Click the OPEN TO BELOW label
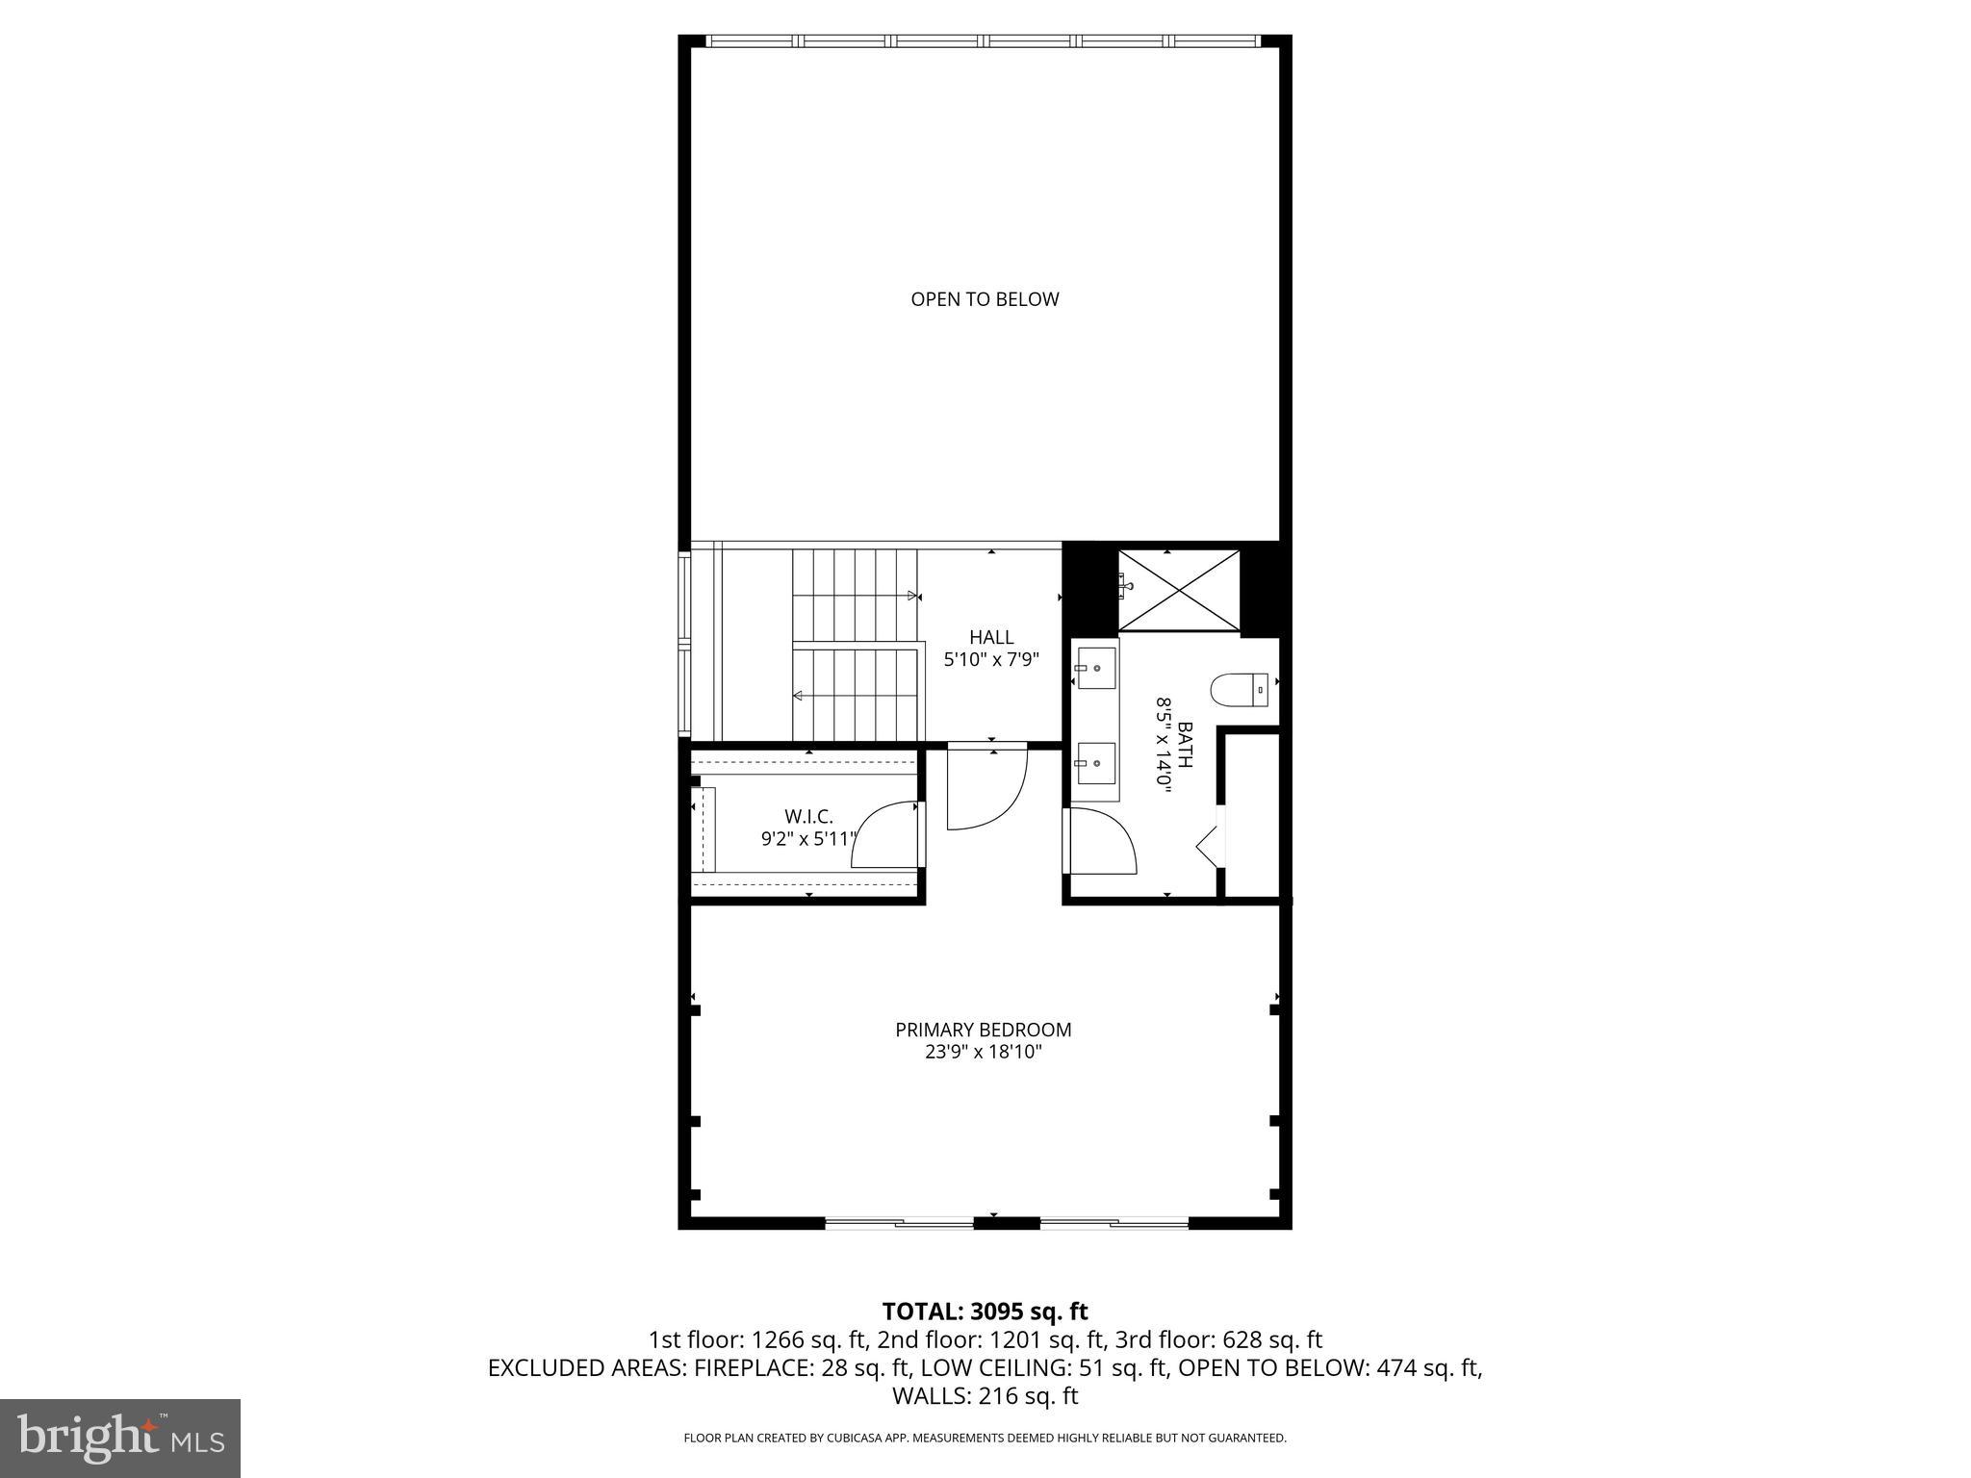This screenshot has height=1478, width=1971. [x=985, y=299]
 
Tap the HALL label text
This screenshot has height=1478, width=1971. [x=991, y=637]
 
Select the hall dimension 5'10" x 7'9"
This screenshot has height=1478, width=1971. [x=991, y=660]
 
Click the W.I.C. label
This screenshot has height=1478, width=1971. [x=808, y=817]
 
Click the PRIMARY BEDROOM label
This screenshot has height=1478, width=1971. [x=984, y=1030]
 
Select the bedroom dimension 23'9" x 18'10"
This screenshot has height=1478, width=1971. [x=984, y=1052]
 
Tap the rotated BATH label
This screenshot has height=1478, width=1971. [x=1185, y=745]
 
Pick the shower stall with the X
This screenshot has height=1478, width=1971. [x=1179, y=590]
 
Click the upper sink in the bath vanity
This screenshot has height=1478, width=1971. [x=1096, y=668]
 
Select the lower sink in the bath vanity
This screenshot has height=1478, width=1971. [x=1096, y=763]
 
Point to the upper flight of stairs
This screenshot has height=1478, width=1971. [x=853, y=595]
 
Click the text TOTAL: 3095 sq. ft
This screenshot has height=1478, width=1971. [x=985, y=1312]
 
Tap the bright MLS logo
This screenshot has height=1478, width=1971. [x=120, y=1439]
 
